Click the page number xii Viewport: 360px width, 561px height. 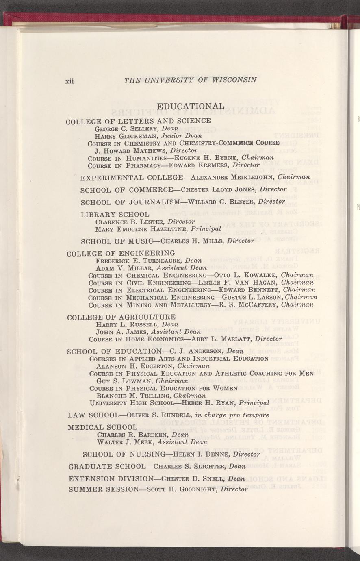(x=69, y=81)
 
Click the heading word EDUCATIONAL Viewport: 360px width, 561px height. (x=190, y=107)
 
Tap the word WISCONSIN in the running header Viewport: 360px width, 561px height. (x=234, y=80)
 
